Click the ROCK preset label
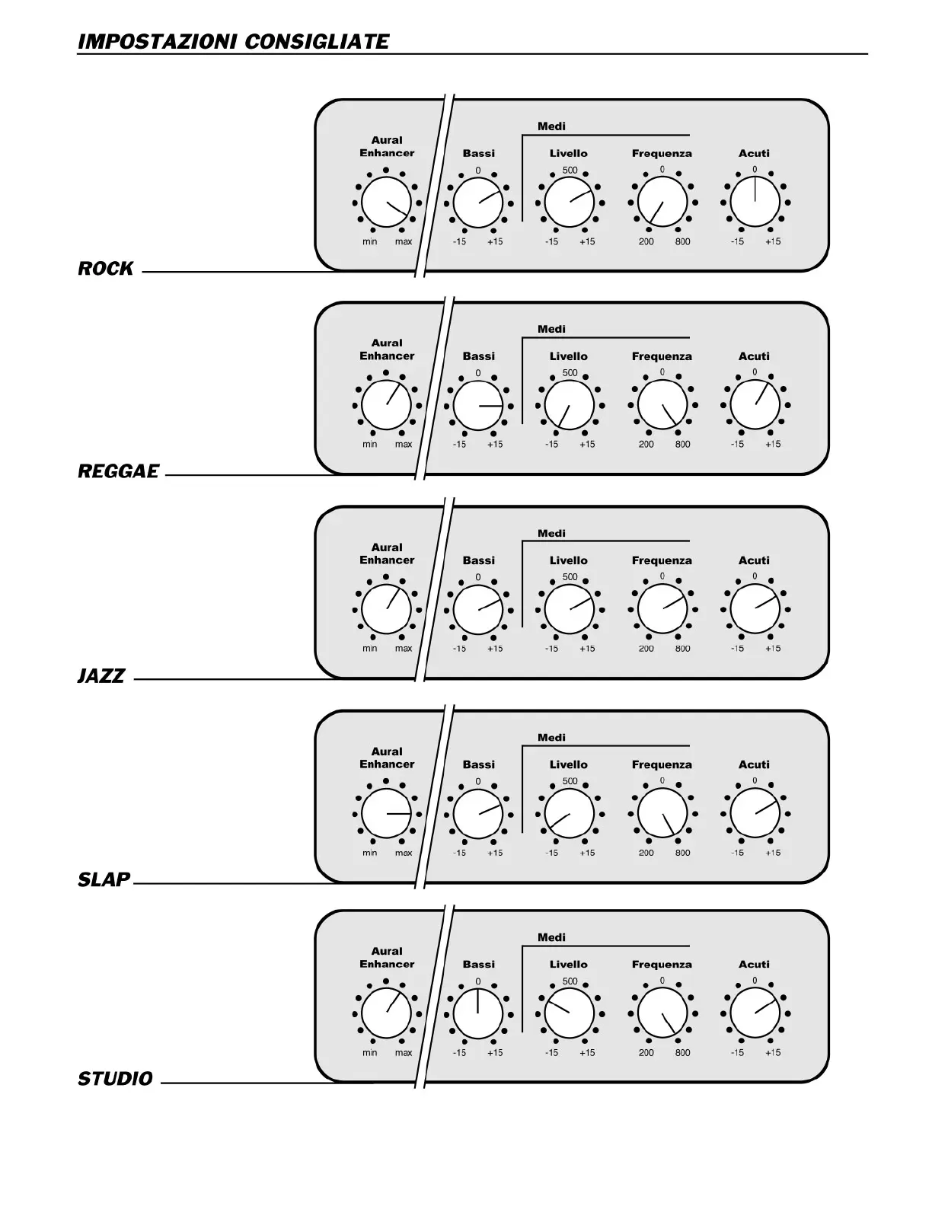tap(106, 269)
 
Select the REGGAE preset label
tap(118, 472)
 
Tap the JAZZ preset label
tap(101, 676)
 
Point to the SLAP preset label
tap(104, 880)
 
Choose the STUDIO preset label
tap(115, 1079)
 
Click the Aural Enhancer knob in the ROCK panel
tap(386, 203)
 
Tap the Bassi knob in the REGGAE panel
tap(478, 406)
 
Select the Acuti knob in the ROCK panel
tap(755, 203)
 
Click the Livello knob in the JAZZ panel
tap(570, 610)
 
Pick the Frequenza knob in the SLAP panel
tap(662, 814)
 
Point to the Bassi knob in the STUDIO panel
tap(478, 1013)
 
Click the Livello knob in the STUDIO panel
tap(570, 1013)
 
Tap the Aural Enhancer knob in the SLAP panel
tap(386, 814)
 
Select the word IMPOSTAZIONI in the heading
tap(158, 41)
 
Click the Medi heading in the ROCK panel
tap(551, 126)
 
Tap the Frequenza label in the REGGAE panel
tap(662, 356)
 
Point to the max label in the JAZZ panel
tap(404, 649)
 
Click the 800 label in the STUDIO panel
tap(682, 1053)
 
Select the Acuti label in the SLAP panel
tap(754, 764)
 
